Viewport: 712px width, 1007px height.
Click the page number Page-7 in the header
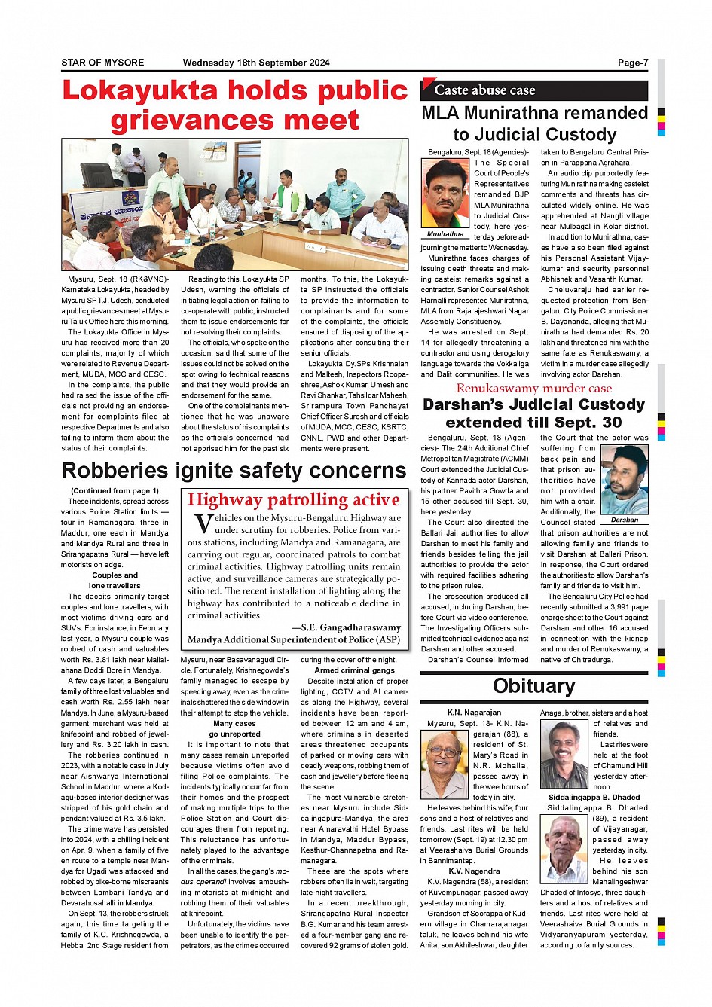[x=632, y=63]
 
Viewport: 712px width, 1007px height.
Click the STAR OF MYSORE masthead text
[x=102, y=63]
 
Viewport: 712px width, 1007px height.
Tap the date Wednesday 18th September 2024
[x=256, y=63]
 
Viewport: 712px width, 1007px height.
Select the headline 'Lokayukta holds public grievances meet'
[x=235, y=105]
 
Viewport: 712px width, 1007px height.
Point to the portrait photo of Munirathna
[x=445, y=194]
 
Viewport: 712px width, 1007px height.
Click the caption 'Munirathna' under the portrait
[x=445, y=234]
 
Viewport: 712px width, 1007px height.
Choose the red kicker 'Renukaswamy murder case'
[x=533, y=389]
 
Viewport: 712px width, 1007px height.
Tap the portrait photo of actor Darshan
[x=625, y=480]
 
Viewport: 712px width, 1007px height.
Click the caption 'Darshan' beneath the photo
[x=625, y=520]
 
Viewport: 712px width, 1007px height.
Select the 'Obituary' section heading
[x=533, y=686]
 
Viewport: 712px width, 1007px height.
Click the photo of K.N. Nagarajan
[x=445, y=764]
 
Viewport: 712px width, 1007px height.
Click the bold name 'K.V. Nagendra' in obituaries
[x=474, y=871]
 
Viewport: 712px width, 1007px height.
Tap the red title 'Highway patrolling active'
[x=294, y=500]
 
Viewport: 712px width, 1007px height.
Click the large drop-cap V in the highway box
[x=203, y=523]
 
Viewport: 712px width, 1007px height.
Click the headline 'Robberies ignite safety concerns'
[x=234, y=471]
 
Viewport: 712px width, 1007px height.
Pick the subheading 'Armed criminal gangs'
[x=354, y=670]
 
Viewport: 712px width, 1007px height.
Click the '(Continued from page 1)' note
[x=115, y=491]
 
